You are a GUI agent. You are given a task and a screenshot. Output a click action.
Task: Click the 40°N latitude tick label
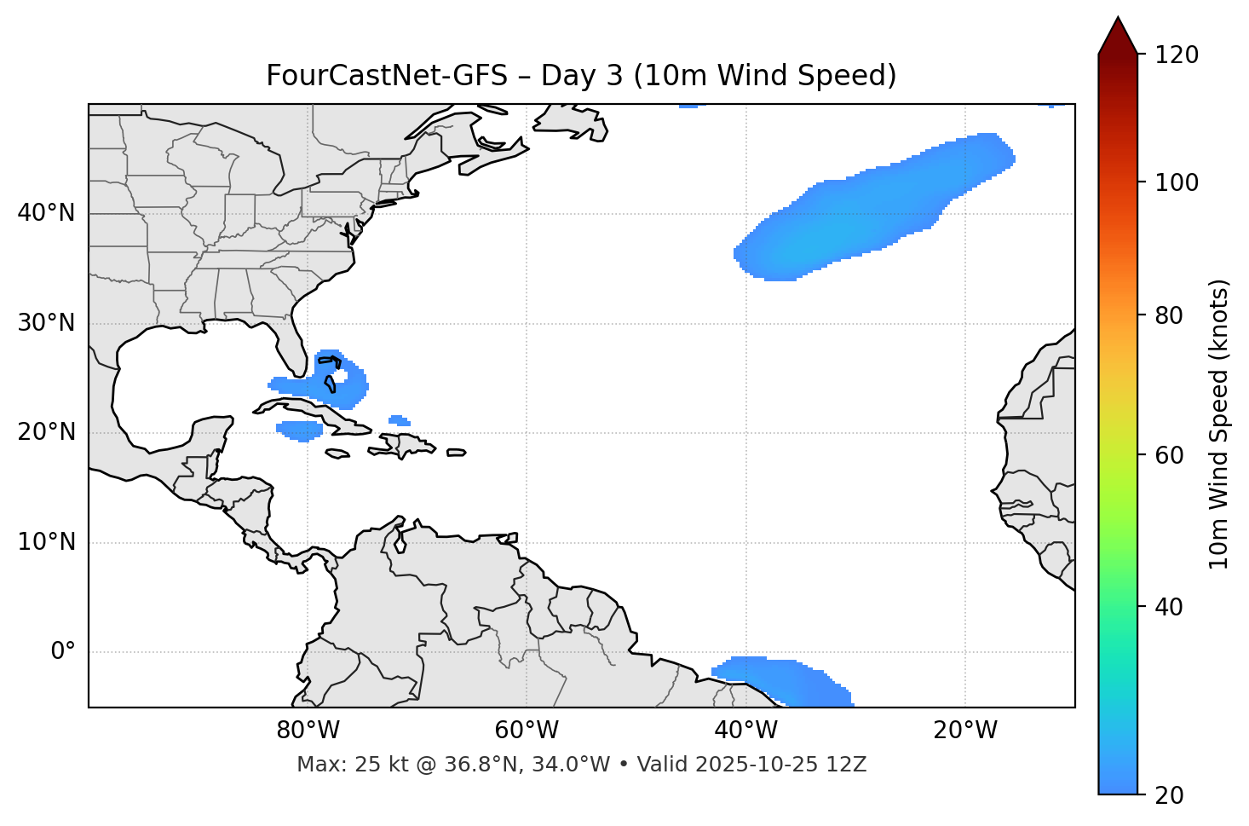[x=46, y=213]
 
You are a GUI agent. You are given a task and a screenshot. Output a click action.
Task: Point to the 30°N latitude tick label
[x=46, y=323]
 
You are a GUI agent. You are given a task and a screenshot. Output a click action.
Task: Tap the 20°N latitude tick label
[x=46, y=432]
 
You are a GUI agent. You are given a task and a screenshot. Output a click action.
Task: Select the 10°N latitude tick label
[x=46, y=542]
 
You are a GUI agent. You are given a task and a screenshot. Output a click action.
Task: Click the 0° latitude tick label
[x=63, y=652]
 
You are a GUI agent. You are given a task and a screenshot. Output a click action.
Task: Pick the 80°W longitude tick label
[x=308, y=731]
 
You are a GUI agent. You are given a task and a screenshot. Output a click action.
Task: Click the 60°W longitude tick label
[x=527, y=731]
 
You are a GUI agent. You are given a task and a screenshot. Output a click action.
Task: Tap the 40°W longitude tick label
[x=745, y=731]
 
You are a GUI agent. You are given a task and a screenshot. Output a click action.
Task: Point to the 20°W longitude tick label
[x=964, y=731]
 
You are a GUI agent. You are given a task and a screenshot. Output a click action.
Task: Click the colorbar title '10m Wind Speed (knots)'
[x=1220, y=425]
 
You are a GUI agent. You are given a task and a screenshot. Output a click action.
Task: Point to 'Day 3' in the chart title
[x=582, y=76]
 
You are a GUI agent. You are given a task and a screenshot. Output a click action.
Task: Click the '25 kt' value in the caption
[x=371, y=765]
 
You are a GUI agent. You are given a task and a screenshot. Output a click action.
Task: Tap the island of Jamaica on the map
[x=337, y=454]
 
